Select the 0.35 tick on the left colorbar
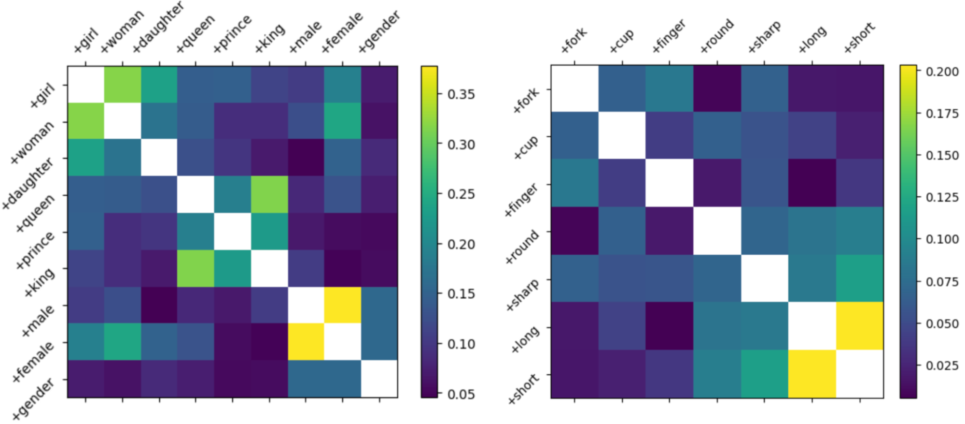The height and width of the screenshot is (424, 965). pos(461,94)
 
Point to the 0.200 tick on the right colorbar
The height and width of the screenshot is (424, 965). pos(942,72)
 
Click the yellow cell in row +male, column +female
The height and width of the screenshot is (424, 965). pos(342,305)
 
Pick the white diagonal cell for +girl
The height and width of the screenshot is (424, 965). pos(86,84)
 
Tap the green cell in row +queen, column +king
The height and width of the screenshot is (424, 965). pos(269,194)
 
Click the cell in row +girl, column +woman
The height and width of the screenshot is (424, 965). pos(123,84)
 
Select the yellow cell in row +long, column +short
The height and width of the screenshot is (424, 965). pos(859,326)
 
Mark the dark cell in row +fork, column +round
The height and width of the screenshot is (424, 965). pos(717,88)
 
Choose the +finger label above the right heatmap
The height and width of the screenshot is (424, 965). pos(669,36)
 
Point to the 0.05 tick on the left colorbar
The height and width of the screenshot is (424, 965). pos(461,395)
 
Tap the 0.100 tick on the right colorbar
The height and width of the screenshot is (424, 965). pos(942,239)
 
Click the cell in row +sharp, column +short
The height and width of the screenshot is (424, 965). pos(859,278)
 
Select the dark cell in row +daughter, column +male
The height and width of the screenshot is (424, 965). pos(306,158)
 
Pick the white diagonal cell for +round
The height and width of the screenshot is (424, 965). pos(717,231)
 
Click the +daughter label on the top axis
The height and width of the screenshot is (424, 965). pos(158,27)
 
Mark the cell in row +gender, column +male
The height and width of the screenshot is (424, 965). pos(306,379)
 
